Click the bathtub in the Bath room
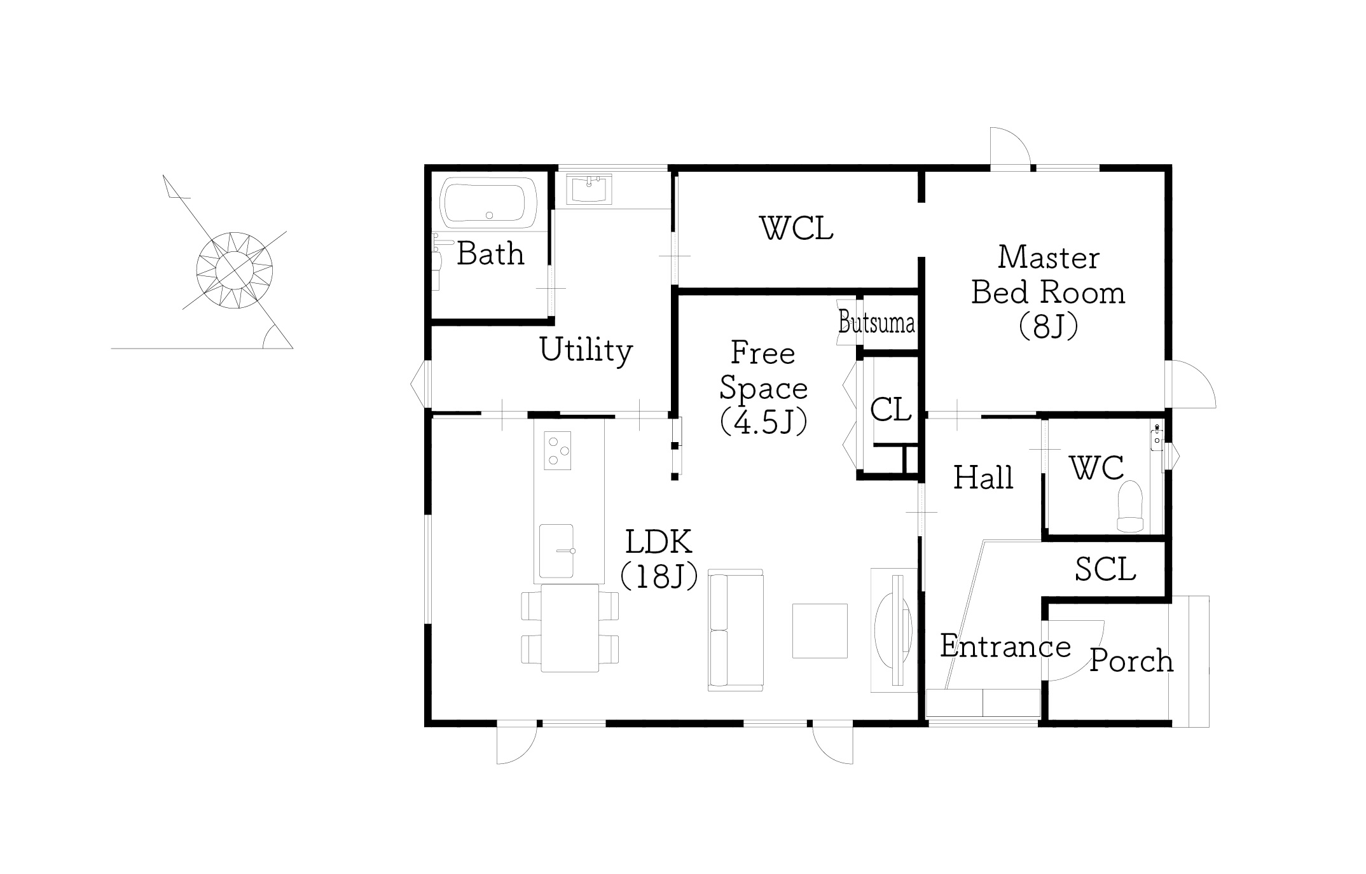[489, 202]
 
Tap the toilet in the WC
[1130, 506]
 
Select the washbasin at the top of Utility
[588, 188]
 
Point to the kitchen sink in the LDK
[556, 551]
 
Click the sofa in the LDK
[735, 630]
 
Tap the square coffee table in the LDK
[820, 630]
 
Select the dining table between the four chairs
[570, 628]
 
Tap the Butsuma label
[877, 323]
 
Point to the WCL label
[797, 228]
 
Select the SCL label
[1105, 569]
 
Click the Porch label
[1131, 661]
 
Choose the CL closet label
[890, 410]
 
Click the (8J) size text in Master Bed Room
[1049, 327]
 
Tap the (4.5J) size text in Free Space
[764, 421]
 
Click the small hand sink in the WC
[1157, 437]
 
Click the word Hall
[983, 477]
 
